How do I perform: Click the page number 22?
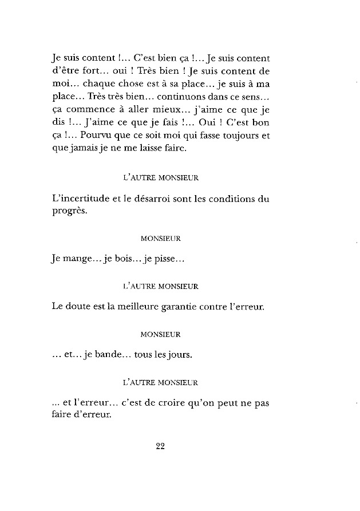click(160, 447)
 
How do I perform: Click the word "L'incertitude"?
click(78, 199)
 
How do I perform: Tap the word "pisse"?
click(171, 259)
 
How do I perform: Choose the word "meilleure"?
click(149, 307)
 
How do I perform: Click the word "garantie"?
click(198, 307)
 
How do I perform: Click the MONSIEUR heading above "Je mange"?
click(160, 236)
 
